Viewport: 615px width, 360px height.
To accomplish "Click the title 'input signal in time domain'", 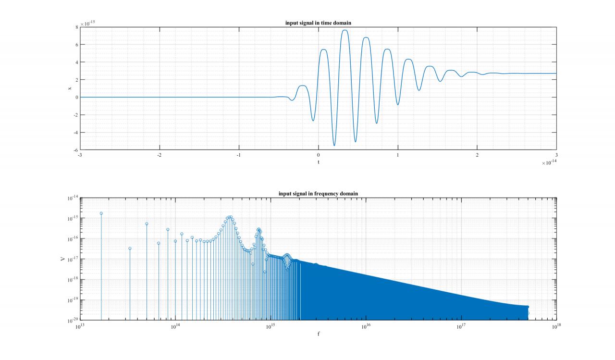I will pos(318,23).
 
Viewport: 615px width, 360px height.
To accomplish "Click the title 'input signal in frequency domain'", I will pos(318,194).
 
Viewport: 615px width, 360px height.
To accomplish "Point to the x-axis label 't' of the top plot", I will pos(318,162).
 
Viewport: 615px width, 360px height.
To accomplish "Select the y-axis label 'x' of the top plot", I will pos(70,88).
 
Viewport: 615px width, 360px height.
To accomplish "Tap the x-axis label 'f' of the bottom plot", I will pos(318,333).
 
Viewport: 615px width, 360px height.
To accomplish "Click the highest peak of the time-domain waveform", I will pos(345,30).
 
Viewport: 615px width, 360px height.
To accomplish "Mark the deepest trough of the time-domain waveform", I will pos(334,145).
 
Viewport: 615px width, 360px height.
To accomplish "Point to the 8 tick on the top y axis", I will pos(76,27).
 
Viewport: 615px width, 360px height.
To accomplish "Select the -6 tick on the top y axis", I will pos(75,150).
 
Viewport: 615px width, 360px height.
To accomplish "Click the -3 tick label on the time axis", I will pos(80,155).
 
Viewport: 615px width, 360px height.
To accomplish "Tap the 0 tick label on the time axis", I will pos(318,155).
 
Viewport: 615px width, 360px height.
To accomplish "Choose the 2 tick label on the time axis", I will pos(477,155).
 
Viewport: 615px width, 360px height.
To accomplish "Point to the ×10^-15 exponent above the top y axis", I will pos(87,23).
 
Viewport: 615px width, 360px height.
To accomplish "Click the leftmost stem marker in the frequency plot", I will pos(101,213).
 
